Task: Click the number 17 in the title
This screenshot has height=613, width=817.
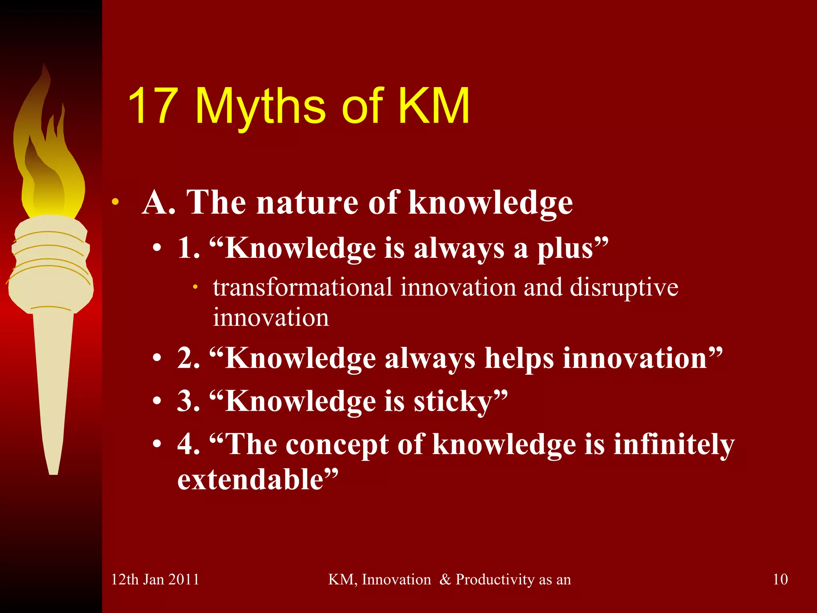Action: coord(153,106)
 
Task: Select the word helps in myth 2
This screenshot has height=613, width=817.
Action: coord(519,358)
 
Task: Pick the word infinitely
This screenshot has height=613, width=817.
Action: coord(674,444)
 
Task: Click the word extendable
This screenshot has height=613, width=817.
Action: coord(250,479)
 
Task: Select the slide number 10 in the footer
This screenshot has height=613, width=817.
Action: coord(780,579)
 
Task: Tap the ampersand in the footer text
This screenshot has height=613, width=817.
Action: coord(445,579)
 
